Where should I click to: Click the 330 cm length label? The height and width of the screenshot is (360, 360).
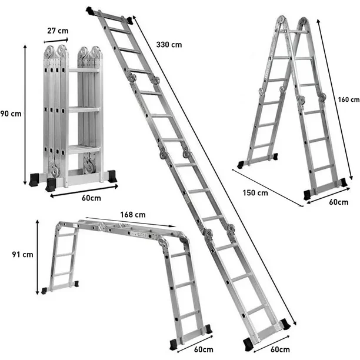click(x=169, y=45)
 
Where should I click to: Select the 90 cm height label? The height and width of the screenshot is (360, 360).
click(x=10, y=114)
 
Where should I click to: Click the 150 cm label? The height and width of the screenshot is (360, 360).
click(x=255, y=192)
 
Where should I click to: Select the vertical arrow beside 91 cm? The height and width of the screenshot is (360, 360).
click(x=38, y=254)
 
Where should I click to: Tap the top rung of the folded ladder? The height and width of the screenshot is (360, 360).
click(x=84, y=71)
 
